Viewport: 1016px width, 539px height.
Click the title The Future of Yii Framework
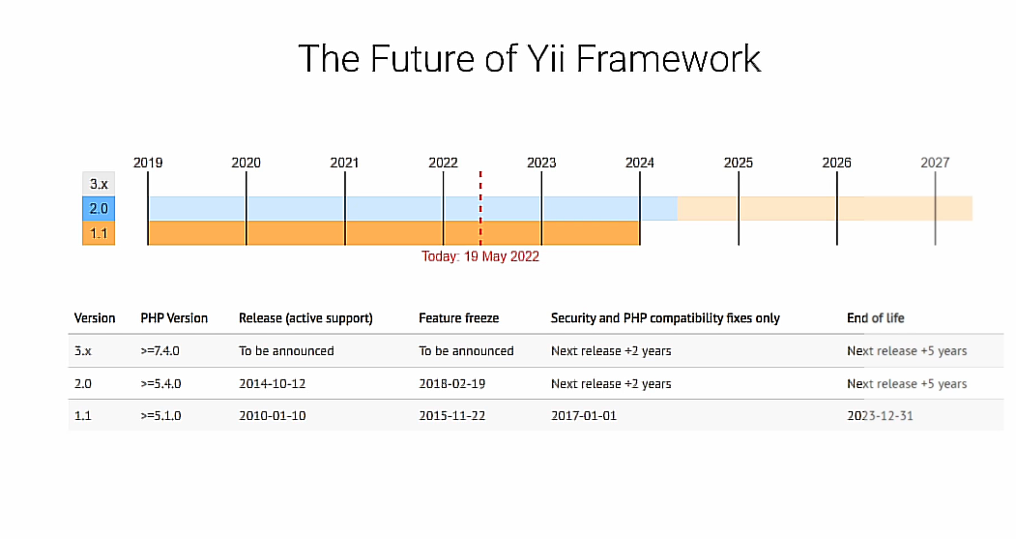tap(530, 58)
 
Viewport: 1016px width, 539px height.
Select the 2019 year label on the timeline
tap(148, 163)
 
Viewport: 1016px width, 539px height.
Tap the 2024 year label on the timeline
tap(640, 163)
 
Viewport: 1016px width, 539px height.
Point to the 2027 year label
tap(935, 163)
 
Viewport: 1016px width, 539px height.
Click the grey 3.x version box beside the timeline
tap(99, 184)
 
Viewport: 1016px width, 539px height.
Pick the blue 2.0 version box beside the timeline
tap(99, 209)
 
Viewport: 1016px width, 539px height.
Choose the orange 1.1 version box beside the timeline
tap(99, 233)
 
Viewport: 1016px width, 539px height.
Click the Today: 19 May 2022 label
tap(480, 256)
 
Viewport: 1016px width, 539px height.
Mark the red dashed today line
tap(480, 208)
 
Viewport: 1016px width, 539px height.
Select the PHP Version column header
tap(174, 318)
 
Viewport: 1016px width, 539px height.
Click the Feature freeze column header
tap(459, 318)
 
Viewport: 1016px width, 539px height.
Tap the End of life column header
tap(876, 318)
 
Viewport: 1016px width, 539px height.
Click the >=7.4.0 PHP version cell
tap(160, 351)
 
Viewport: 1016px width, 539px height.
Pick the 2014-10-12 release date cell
tap(273, 384)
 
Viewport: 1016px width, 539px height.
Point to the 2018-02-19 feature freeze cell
tap(452, 384)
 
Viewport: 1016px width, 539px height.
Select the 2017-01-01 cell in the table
tap(584, 416)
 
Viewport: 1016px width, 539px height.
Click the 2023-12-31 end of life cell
tap(880, 416)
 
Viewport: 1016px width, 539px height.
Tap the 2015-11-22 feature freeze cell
tap(452, 416)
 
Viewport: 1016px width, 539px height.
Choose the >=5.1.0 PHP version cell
tap(160, 416)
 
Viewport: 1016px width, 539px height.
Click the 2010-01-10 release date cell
tap(273, 416)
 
